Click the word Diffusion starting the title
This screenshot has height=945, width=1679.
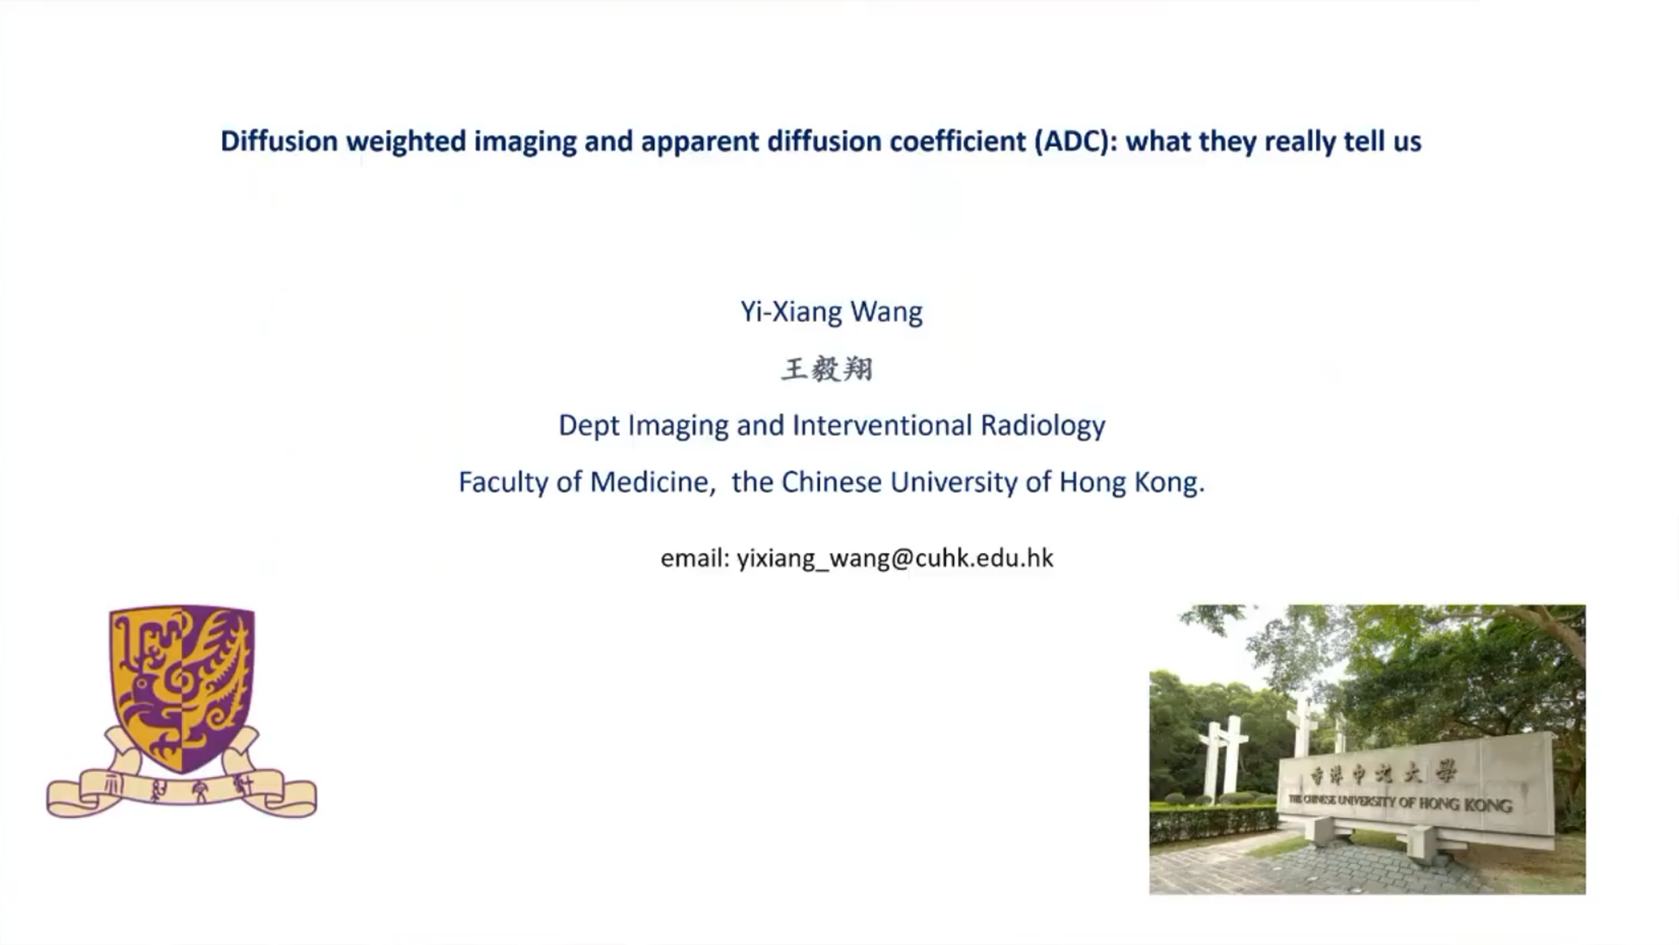pos(279,141)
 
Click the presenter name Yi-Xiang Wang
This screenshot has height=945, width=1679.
pos(832,312)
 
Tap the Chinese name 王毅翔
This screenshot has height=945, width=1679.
pos(827,369)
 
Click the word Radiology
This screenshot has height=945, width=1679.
pos(1043,426)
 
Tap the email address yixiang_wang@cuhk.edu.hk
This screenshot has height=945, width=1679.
pos(895,558)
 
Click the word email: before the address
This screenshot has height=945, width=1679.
pos(694,557)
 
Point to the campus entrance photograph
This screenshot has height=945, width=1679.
pos(1368,749)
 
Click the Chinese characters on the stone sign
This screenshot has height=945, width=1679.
pos(1383,774)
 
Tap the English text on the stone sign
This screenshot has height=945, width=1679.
pos(1400,801)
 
